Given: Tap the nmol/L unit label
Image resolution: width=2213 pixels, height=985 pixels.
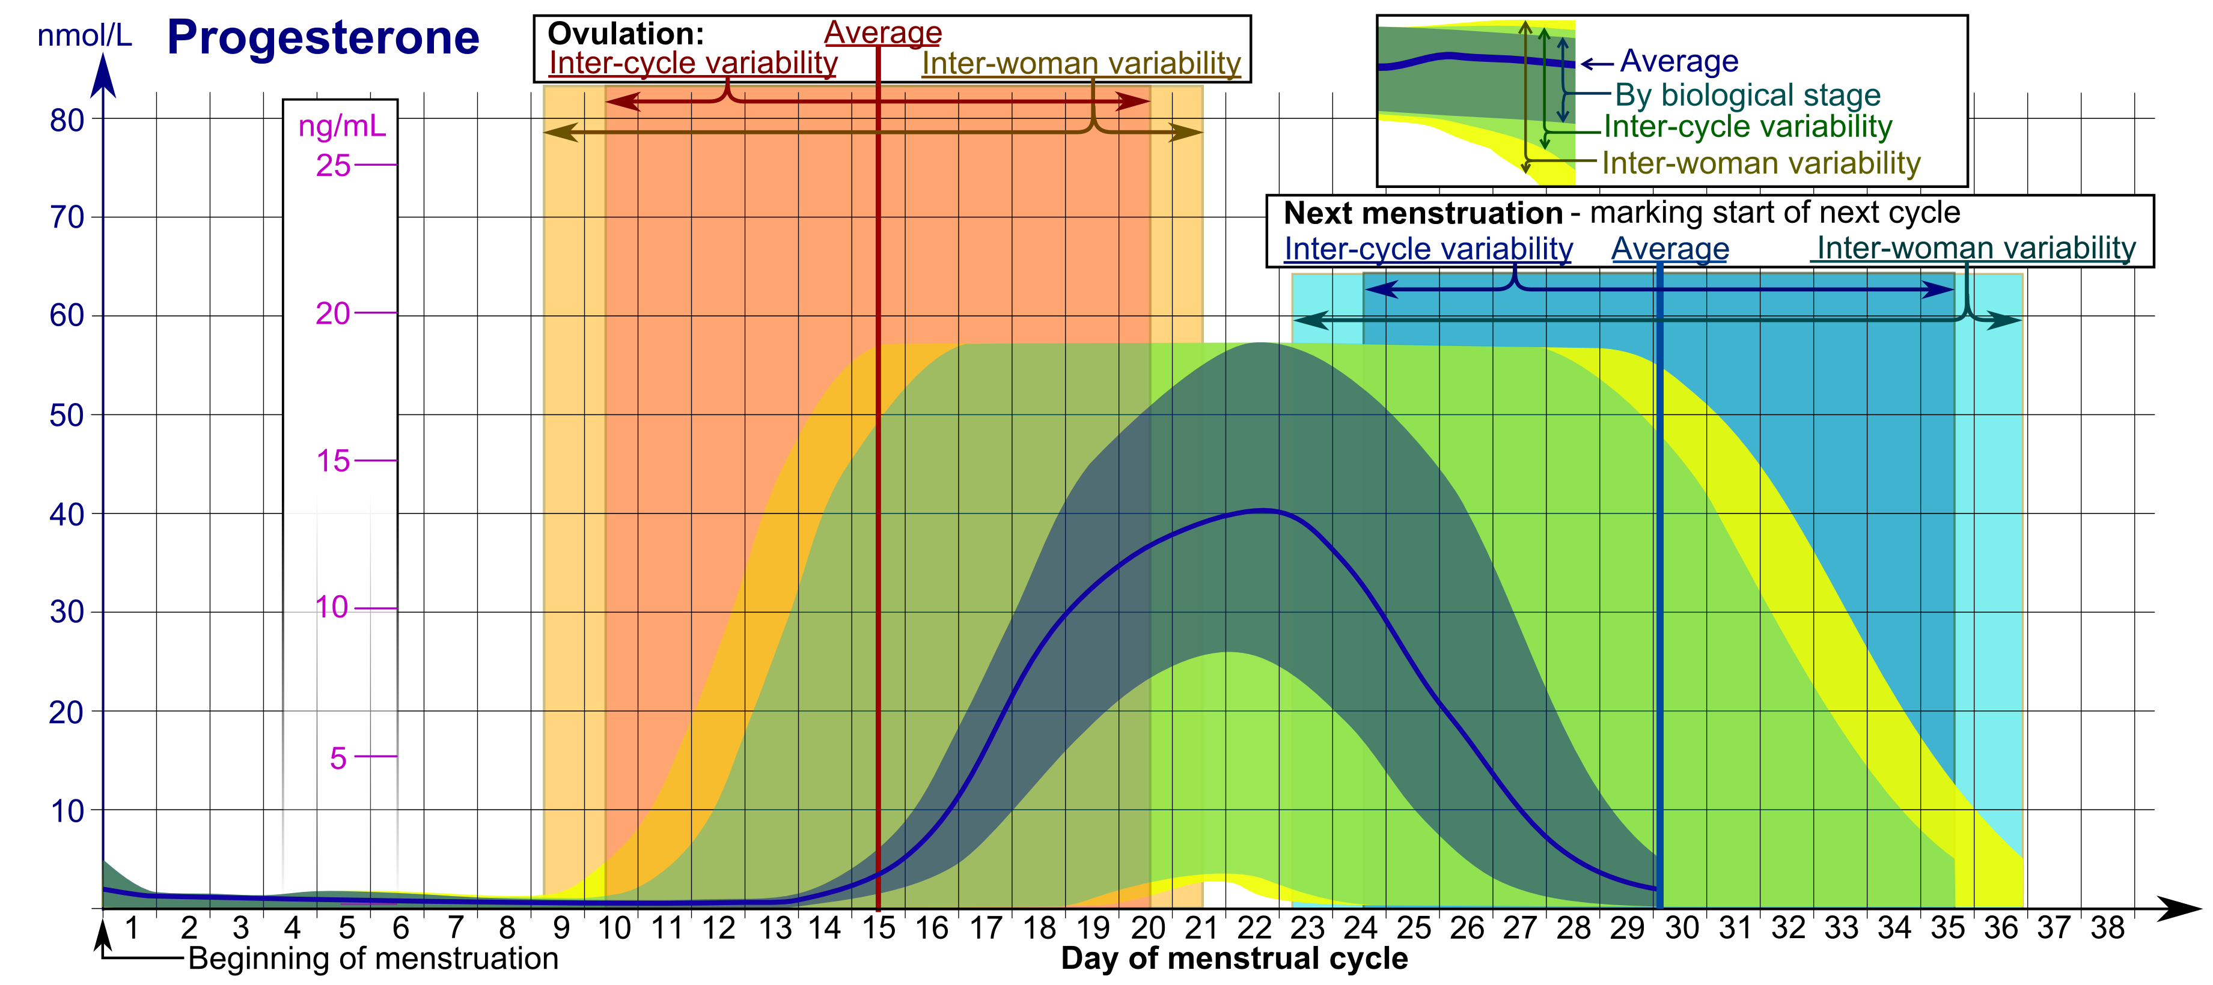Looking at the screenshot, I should tap(84, 36).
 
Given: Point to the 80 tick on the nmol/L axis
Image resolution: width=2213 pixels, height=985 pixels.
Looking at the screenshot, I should tap(67, 120).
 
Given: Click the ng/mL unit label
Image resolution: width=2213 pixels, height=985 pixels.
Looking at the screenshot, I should tap(342, 126).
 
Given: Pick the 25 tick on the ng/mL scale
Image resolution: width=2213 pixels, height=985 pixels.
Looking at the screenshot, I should tap(334, 165).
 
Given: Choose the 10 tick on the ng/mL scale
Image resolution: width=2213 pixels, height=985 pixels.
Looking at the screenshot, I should tap(332, 608).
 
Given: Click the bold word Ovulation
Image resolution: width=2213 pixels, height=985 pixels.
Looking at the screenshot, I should tap(626, 34).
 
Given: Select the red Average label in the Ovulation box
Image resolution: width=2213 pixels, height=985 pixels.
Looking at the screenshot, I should tap(882, 32).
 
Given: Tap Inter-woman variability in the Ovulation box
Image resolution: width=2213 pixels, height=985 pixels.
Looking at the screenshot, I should tap(1081, 62).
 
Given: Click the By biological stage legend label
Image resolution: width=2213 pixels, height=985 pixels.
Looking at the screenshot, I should tap(1747, 94).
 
